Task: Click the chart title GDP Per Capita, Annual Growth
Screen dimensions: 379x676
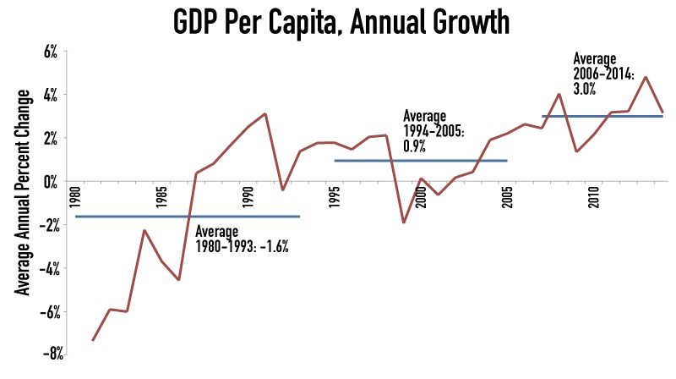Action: pyautogui.click(x=337, y=21)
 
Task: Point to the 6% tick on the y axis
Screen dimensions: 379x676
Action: pyautogui.click(x=49, y=52)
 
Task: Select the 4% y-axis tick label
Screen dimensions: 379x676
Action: pyautogui.click(x=49, y=95)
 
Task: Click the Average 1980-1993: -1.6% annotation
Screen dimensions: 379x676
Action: pyautogui.click(x=242, y=240)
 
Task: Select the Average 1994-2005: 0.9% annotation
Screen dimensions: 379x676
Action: pyautogui.click(x=435, y=130)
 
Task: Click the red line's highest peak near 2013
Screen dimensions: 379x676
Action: pyautogui.click(x=646, y=77)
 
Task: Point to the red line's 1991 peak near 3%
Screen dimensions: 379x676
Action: pyautogui.click(x=265, y=113)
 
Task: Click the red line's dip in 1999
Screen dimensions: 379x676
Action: pyautogui.click(x=404, y=222)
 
